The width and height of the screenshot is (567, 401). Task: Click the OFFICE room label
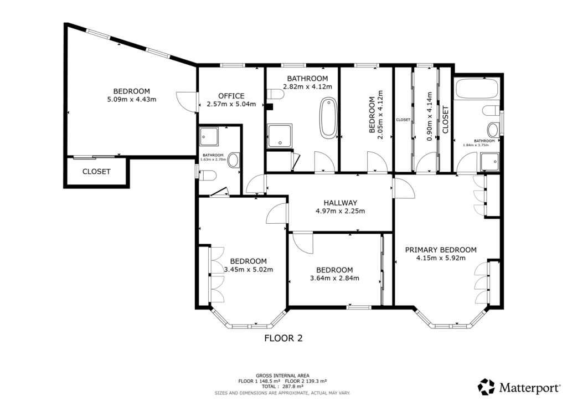pyautogui.click(x=231, y=96)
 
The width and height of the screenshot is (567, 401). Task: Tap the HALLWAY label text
pyautogui.click(x=340, y=203)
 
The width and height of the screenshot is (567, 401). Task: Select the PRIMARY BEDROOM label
pyautogui.click(x=440, y=249)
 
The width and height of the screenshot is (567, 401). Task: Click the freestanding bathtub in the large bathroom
pyautogui.click(x=328, y=118)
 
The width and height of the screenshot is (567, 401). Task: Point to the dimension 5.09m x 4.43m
pyautogui.click(x=132, y=100)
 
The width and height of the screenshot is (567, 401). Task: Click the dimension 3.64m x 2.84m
pyautogui.click(x=335, y=278)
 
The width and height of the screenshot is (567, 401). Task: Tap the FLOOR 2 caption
pyautogui.click(x=283, y=337)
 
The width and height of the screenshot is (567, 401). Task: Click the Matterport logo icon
pyautogui.click(x=487, y=386)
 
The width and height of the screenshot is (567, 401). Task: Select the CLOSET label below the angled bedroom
pyautogui.click(x=96, y=172)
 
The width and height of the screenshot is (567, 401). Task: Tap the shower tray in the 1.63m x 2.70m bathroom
pyautogui.click(x=210, y=135)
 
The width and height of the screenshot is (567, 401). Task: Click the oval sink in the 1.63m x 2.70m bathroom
pyautogui.click(x=234, y=161)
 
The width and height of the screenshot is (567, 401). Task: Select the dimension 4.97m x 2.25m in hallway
pyautogui.click(x=340, y=211)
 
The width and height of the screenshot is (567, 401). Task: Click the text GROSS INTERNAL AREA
pyautogui.click(x=283, y=376)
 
